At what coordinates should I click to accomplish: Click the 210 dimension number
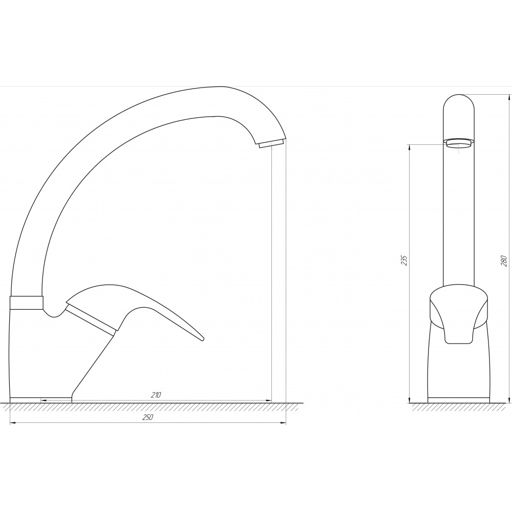tap(156, 395)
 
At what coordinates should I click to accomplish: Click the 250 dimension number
tap(147, 417)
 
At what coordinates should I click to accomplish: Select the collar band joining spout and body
tap(27, 303)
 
